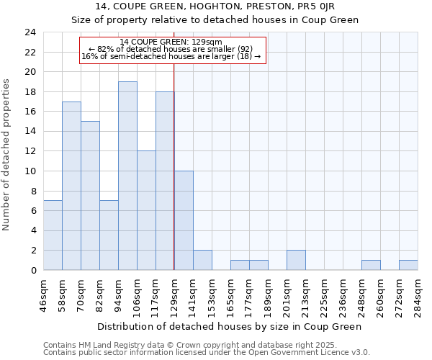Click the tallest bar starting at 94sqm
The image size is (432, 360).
pos(127,176)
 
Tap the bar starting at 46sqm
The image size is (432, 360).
pos(53,235)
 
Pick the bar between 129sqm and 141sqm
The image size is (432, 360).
pos(184,220)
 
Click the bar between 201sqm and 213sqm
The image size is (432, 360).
pos(296,260)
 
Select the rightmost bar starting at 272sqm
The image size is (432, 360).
pos(408,265)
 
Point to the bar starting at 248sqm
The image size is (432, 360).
pos(371,265)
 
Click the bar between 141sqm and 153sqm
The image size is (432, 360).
pos(202,260)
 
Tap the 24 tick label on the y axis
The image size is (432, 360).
pos(30,32)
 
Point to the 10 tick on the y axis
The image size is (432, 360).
pos(30,171)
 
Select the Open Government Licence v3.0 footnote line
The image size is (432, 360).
pos(207,352)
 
